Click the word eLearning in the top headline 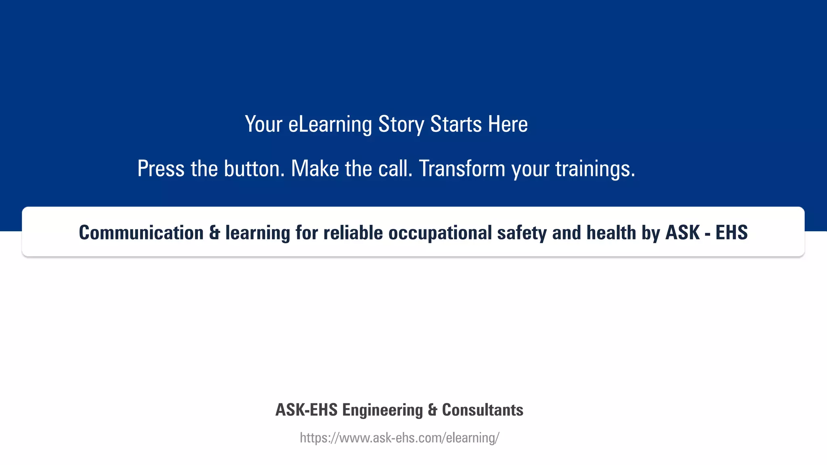click(x=330, y=124)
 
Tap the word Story click(x=401, y=124)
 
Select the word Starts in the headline click(x=456, y=124)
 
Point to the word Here click(x=508, y=124)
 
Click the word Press click(x=161, y=169)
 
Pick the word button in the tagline click(x=254, y=169)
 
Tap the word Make click(x=315, y=169)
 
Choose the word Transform click(x=462, y=169)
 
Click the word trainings click(x=595, y=169)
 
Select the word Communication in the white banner click(x=141, y=233)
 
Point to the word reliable click(x=353, y=233)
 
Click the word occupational click(x=440, y=233)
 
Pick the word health click(x=611, y=233)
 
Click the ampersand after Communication click(x=214, y=233)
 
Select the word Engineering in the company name click(x=382, y=410)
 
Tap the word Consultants click(x=483, y=410)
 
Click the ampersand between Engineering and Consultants click(x=432, y=410)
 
